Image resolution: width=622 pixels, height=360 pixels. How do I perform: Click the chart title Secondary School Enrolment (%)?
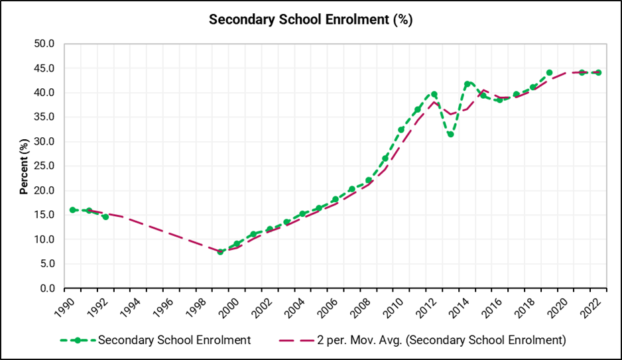click(310, 19)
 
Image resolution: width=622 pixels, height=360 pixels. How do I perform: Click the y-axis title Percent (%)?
click(24, 166)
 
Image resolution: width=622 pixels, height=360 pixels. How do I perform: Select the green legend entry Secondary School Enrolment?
click(174, 340)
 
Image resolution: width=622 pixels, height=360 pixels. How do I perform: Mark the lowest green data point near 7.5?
click(220, 252)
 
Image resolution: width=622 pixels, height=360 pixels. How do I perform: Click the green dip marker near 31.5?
click(450, 134)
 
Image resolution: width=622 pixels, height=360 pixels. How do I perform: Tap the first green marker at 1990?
click(72, 210)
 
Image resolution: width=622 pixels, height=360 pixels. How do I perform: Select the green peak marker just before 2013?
click(434, 94)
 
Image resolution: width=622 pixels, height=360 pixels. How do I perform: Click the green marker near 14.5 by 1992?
click(105, 217)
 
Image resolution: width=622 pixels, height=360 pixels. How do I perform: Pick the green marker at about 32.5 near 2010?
click(401, 130)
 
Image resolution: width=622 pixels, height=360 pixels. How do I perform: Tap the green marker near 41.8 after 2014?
click(467, 84)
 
